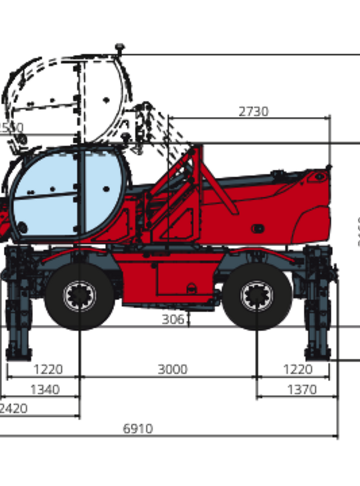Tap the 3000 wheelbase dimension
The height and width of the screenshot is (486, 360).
172,369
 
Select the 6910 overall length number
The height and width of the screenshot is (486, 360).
138,429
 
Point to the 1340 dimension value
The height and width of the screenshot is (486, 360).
45,389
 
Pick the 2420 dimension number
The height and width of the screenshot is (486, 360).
13,408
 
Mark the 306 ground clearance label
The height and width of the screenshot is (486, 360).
175,319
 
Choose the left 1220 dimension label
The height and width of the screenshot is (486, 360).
45,369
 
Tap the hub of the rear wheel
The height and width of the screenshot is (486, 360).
257,296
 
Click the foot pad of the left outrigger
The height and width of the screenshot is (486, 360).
18,351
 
